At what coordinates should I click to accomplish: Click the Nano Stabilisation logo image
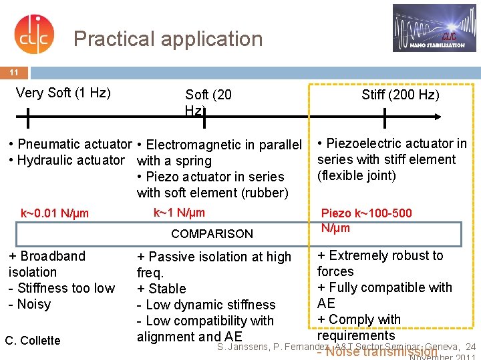(x=434, y=28)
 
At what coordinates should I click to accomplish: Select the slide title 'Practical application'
(x=168, y=39)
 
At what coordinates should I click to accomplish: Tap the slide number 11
(x=14, y=72)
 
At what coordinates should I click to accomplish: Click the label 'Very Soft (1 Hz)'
(x=63, y=93)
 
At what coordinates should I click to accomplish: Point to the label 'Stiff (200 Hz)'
(x=400, y=95)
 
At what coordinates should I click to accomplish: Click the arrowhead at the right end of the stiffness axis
(x=435, y=117)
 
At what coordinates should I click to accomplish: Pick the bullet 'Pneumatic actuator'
(x=69, y=144)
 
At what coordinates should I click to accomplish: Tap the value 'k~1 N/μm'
(x=179, y=213)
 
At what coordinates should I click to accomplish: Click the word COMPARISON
(x=212, y=233)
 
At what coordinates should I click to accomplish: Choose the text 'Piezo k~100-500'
(x=367, y=213)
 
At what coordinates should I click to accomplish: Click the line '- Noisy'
(x=29, y=304)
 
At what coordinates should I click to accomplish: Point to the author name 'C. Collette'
(x=33, y=341)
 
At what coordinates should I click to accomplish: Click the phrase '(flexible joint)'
(x=357, y=176)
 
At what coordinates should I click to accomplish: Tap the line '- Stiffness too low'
(x=61, y=288)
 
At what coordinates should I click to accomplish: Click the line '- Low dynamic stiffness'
(x=206, y=305)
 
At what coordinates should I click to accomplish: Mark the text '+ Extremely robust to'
(x=380, y=255)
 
